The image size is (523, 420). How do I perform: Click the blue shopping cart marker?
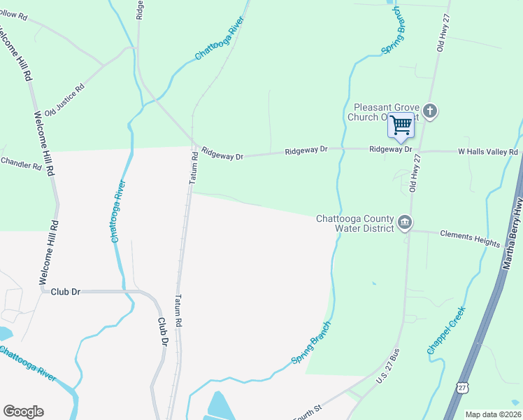click(401, 125)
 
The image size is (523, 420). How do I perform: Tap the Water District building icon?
click(404, 223)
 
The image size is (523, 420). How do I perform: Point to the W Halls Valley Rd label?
click(487, 151)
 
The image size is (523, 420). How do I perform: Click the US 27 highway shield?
click(461, 387)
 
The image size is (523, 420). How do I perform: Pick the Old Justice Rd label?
click(64, 100)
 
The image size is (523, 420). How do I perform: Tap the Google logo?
click(23, 411)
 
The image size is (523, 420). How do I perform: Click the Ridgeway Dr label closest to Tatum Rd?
click(222, 153)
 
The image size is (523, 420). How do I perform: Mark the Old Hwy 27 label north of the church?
click(441, 33)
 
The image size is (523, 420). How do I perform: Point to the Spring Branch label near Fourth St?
click(309, 348)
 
